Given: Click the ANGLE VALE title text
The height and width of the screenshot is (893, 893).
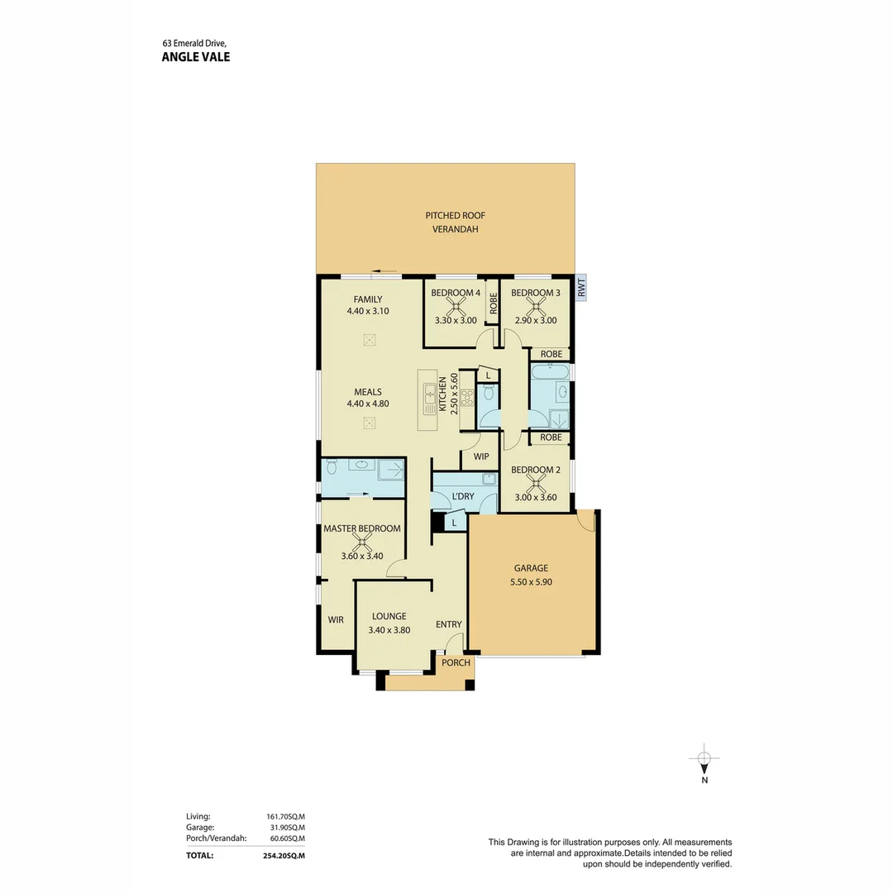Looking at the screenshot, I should [196, 57].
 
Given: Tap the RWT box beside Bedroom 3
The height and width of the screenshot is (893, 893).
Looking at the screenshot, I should [581, 289].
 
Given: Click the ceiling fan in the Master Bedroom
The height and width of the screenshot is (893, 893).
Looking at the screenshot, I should [361, 542].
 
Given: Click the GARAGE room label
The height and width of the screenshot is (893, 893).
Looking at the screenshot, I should [530, 568].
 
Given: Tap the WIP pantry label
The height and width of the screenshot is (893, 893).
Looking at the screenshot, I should [481, 456].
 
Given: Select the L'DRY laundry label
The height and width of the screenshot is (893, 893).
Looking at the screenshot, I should [462, 496].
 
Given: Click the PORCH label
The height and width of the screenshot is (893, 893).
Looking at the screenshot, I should [456, 662].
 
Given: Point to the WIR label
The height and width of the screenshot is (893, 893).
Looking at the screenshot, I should [336, 618].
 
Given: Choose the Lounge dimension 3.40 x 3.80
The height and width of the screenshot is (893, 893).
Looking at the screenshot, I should [389, 629].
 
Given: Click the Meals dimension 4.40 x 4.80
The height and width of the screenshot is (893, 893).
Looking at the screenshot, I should [368, 404].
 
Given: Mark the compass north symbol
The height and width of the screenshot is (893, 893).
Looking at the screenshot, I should [704, 759].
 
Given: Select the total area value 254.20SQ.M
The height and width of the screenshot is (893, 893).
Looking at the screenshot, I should [279, 856].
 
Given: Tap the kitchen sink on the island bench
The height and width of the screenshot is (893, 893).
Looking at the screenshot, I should [430, 397].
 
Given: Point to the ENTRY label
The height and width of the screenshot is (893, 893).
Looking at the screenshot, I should [448, 624].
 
